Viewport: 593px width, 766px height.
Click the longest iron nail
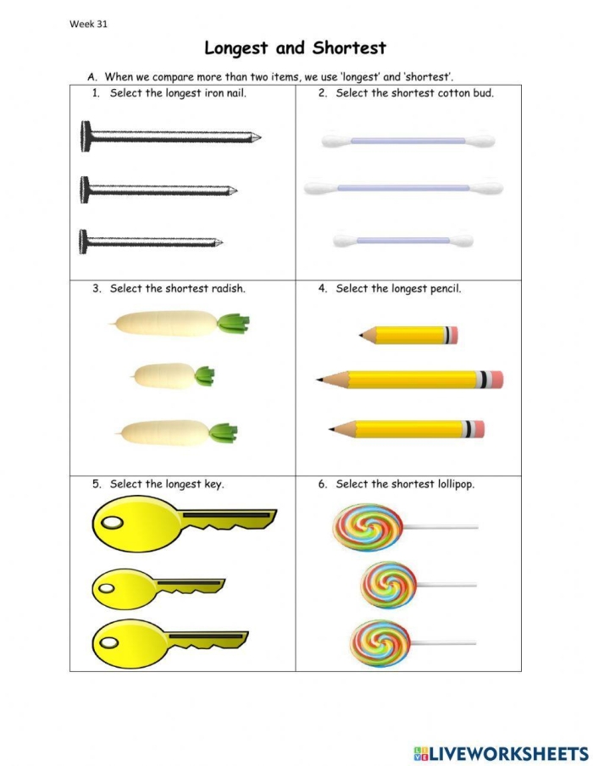pos(169,135)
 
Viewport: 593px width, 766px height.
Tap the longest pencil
pos(410,379)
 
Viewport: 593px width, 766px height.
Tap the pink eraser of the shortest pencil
pos(451,336)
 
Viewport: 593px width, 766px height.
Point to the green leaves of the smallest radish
pos(204,375)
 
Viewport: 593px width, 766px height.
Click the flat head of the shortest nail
pos(82,241)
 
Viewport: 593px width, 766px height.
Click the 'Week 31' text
pos(88,24)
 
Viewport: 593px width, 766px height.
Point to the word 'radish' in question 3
pos(227,288)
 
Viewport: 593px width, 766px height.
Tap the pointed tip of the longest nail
pos(258,136)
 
